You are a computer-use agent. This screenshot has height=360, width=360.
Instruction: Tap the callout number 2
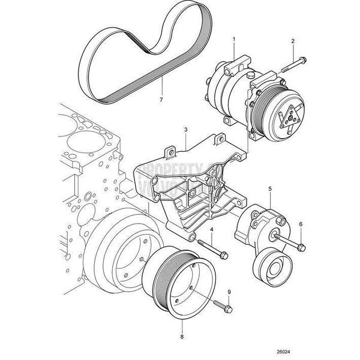(293, 41)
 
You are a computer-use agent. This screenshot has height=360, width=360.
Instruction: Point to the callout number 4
(212, 229)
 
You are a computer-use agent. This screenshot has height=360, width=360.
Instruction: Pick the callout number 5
(270, 189)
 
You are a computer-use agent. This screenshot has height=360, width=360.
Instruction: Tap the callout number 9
(229, 292)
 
